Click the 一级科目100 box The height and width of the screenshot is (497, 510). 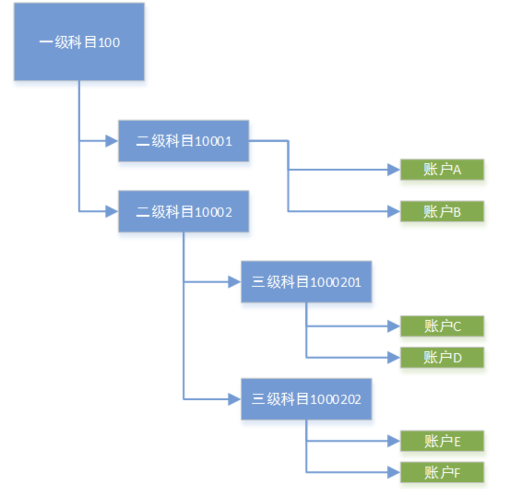tap(79, 42)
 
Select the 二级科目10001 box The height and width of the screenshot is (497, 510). tap(184, 141)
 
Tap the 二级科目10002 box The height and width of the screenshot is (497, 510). tap(184, 211)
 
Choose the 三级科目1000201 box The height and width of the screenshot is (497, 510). tap(306, 282)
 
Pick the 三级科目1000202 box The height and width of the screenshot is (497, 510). tap(306, 399)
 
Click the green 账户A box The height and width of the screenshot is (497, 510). tap(442, 170)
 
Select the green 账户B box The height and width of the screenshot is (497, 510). tap(442, 212)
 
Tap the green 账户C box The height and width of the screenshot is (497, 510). tap(442, 326)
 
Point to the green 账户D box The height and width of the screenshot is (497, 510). tap(442, 357)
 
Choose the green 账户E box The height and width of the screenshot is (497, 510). tap(442, 441)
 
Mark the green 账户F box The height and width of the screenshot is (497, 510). tap(442, 472)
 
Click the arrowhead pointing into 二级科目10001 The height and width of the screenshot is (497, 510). tap(112, 141)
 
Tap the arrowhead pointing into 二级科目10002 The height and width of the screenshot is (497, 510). tap(112, 212)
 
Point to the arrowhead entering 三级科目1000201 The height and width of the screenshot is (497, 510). tap(234, 282)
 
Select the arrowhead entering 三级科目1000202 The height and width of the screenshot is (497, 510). tap(234, 399)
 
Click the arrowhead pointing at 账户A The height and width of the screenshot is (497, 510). tap(393, 170)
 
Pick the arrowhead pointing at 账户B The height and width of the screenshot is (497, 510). tap(393, 212)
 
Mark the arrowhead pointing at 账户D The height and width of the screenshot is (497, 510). tap(393, 357)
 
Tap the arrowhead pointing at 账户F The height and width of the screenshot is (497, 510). tap(393, 472)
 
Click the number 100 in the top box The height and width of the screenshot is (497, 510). tap(109, 43)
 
